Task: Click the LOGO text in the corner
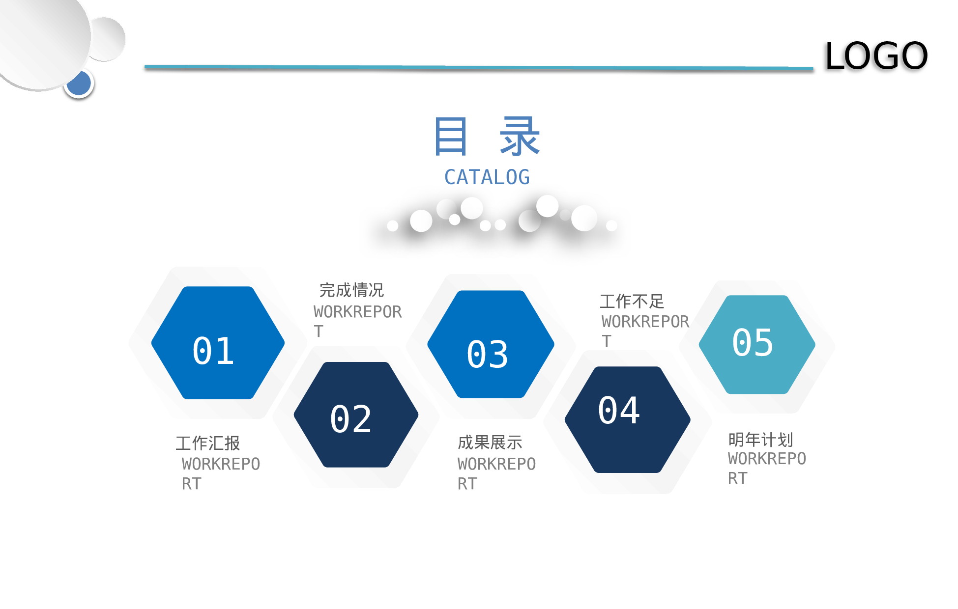(x=876, y=56)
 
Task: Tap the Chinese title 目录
(x=487, y=137)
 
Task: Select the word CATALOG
(x=487, y=177)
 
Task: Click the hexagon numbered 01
(x=218, y=343)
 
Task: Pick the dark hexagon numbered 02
(x=356, y=415)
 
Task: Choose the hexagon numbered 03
(x=491, y=344)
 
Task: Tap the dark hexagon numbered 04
(x=627, y=419)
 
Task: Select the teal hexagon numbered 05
(x=757, y=344)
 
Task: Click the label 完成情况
(x=351, y=290)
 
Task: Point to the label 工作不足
(x=632, y=301)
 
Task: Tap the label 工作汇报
(x=208, y=443)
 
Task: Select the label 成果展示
(x=490, y=443)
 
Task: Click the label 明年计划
(x=760, y=439)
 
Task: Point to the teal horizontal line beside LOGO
(x=479, y=67)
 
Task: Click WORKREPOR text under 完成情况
(x=357, y=312)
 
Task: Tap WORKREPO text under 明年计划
(x=767, y=459)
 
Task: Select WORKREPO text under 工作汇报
(x=221, y=464)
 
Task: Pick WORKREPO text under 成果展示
(x=496, y=464)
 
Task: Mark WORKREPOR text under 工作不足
(x=645, y=322)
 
